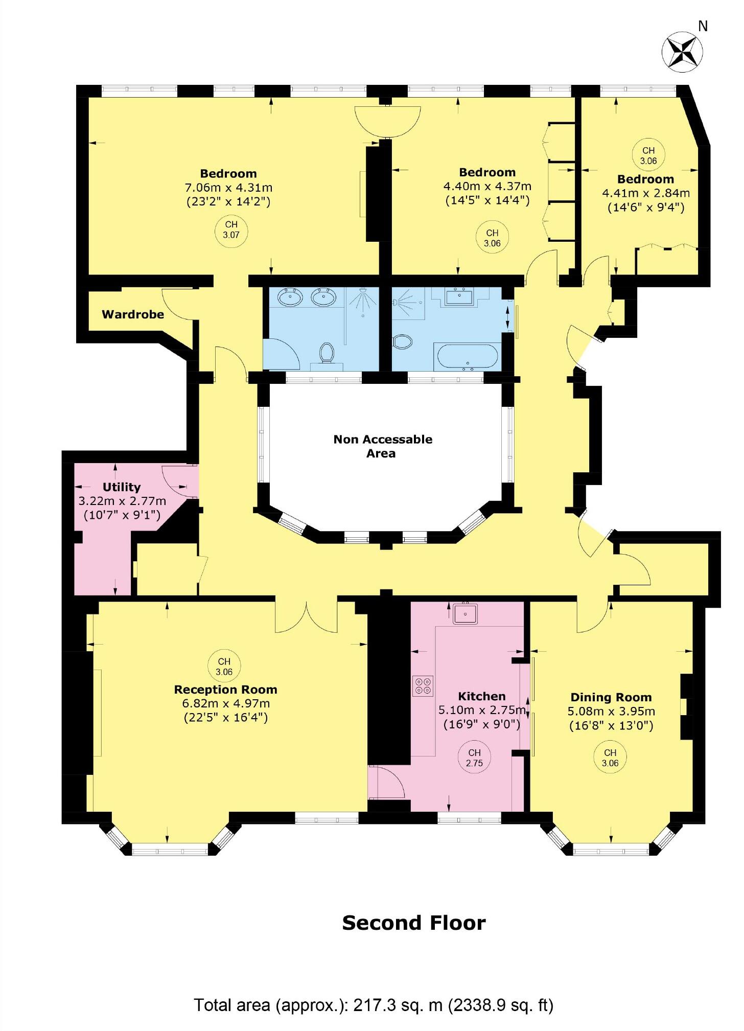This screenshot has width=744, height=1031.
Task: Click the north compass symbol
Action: (682, 52)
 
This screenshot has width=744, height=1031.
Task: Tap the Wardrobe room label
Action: (133, 314)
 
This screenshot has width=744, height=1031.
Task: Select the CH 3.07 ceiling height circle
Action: (231, 230)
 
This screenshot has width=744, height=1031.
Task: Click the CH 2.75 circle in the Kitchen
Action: (474, 758)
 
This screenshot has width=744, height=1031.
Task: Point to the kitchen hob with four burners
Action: (423, 685)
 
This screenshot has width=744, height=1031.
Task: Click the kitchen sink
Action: (465, 613)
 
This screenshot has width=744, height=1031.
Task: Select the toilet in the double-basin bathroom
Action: (327, 353)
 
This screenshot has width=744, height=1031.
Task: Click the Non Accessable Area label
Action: (383, 446)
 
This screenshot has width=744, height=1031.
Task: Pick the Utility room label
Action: (122, 487)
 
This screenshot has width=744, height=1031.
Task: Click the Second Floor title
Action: (413, 923)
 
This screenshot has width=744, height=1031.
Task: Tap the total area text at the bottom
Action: (373, 1005)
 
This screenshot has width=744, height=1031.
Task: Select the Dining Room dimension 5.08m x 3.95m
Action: (611, 711)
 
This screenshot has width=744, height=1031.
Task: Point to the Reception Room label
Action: (225, 690)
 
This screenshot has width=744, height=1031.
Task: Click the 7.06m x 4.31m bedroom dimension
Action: (228, 187)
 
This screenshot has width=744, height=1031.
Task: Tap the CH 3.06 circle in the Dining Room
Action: (610, 758)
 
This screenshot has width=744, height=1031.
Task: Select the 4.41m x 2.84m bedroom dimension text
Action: (646, 193)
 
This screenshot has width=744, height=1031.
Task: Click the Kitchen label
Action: (481, 696)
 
